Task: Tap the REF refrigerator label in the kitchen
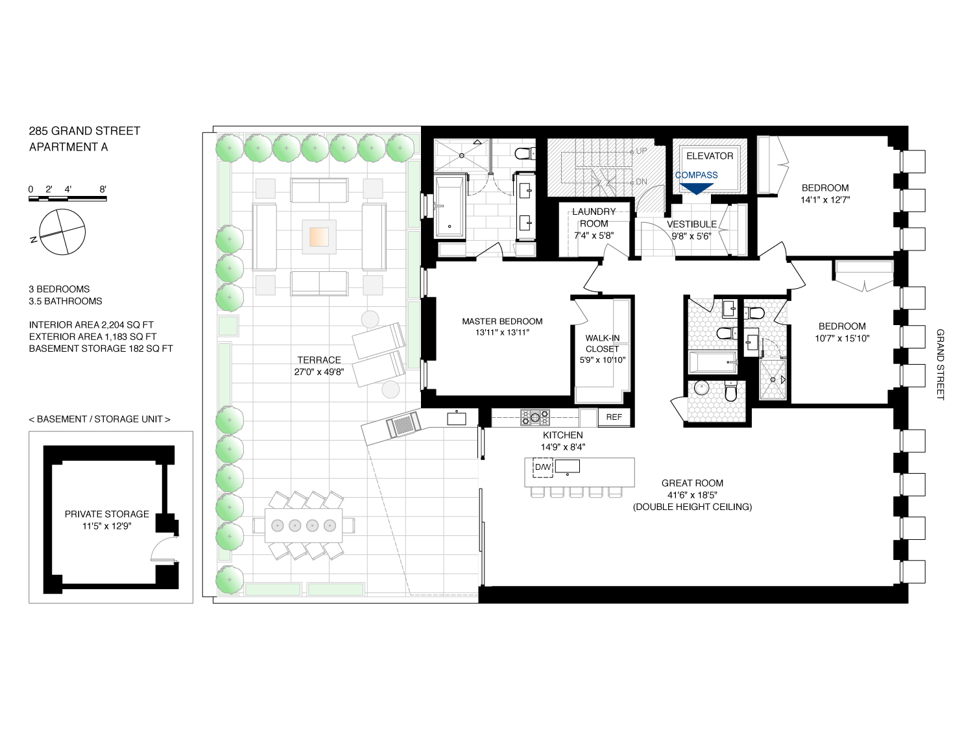pyautogui.click(x=614, y=417)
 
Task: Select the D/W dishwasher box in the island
pyautogui.click(x=542, y=467)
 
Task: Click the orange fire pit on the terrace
pyautogui.click(x=319, y=237)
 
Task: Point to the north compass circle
pyautogui.click(x=62, y=232)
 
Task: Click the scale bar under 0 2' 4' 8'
pyautogui.click(x=67, y=199)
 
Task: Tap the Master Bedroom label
pyautogui.click(x=502, y=321)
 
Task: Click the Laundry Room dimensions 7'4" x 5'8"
pyautogui.click(x=594, y=236)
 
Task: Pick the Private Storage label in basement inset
pyautogui.click(x=107, y=514)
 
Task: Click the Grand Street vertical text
pyautogui.click(x=940, y=364)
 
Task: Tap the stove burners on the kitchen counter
pyautogui.click(x=535, y=417)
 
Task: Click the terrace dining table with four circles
pyautogui.click(x=304, y=526)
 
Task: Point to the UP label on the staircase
pyautogui.click(x=641, y=151)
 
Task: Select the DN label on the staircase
pyautogui.click(x=641, y=182)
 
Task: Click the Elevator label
pyautogui.click(x=710, y=156)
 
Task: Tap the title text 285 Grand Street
pyautogui.click(x=84, y=131)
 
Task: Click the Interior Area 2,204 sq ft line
pyautogui.click(x=91, y=324)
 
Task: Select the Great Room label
pyautogui.click(x=692, y=483)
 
